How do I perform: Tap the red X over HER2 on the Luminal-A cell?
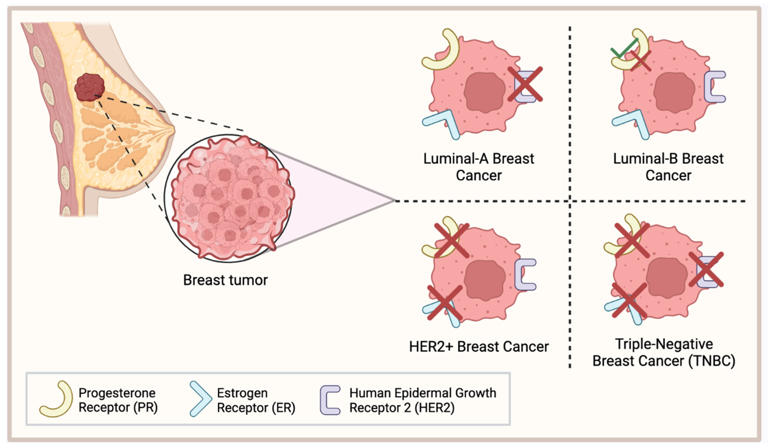pos(525,84)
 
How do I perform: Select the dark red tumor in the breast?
pos(90,87)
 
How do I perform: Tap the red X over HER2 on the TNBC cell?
pos(706,270)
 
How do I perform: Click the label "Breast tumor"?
pos(225,280)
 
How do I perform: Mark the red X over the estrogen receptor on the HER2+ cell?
pos(445,303)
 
